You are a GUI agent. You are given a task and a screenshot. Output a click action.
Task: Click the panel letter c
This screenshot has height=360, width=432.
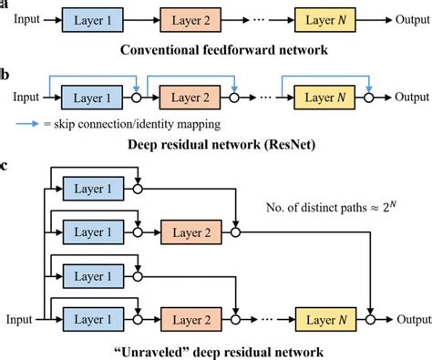pyautogui.click(x=5, y=167)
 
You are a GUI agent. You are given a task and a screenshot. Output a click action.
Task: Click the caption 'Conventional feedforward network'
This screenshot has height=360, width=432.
pyautogui.click(x=216, y=46)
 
